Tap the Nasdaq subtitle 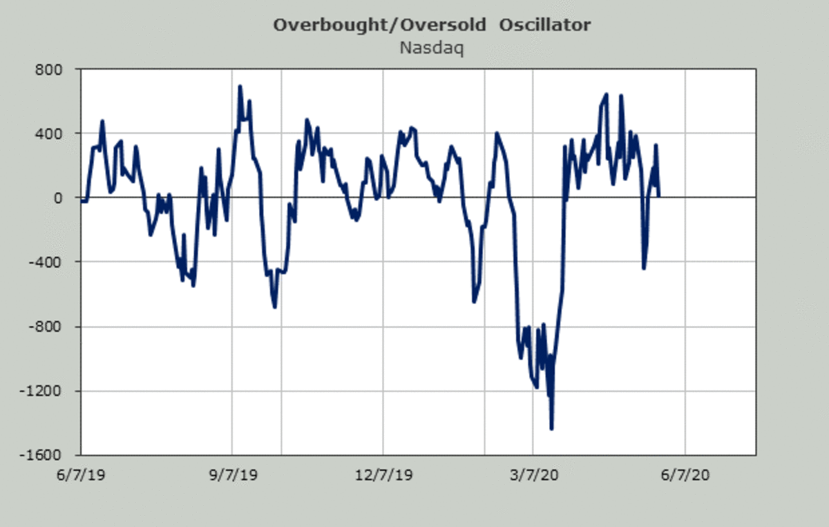click(432, 48)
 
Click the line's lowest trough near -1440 click(551, 429)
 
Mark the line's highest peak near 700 click(240, 86)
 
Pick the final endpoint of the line click(659, 195)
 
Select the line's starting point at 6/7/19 click(82, 201)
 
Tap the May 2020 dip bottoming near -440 click(644, 268)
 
